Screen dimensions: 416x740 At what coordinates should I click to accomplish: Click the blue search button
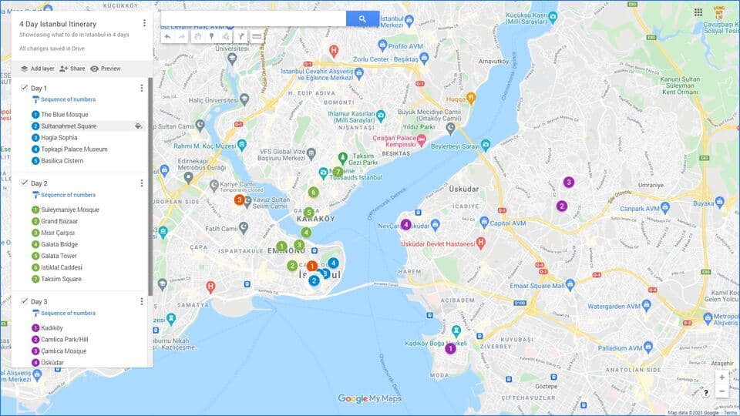(362, 18)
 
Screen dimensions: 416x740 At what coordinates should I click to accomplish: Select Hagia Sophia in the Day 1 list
(59, 138)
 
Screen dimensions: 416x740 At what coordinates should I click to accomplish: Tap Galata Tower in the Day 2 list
(59, 256)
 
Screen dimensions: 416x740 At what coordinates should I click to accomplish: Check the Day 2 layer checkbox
(25, 183)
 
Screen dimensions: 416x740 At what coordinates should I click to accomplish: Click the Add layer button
(37, 69)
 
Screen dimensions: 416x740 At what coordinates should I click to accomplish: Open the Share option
(72, 69)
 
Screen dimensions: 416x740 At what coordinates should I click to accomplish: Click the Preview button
(106, 69)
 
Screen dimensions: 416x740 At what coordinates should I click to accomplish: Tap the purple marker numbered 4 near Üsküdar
(405, 224)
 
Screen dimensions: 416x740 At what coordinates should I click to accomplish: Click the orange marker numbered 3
(240, 200)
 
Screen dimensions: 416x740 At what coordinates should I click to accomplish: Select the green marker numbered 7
(338, 172)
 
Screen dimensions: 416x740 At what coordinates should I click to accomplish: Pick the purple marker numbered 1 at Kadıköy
(450, 348)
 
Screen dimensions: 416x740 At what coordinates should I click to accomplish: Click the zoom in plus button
(721, 377)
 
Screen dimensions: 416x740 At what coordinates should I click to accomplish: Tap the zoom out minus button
(721, 391)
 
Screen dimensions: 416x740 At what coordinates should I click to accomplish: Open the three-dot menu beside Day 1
(141, 88)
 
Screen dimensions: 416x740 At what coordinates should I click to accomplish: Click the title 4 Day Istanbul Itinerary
(58, 24)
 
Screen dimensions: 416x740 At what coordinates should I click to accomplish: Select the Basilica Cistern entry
(62, 161)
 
